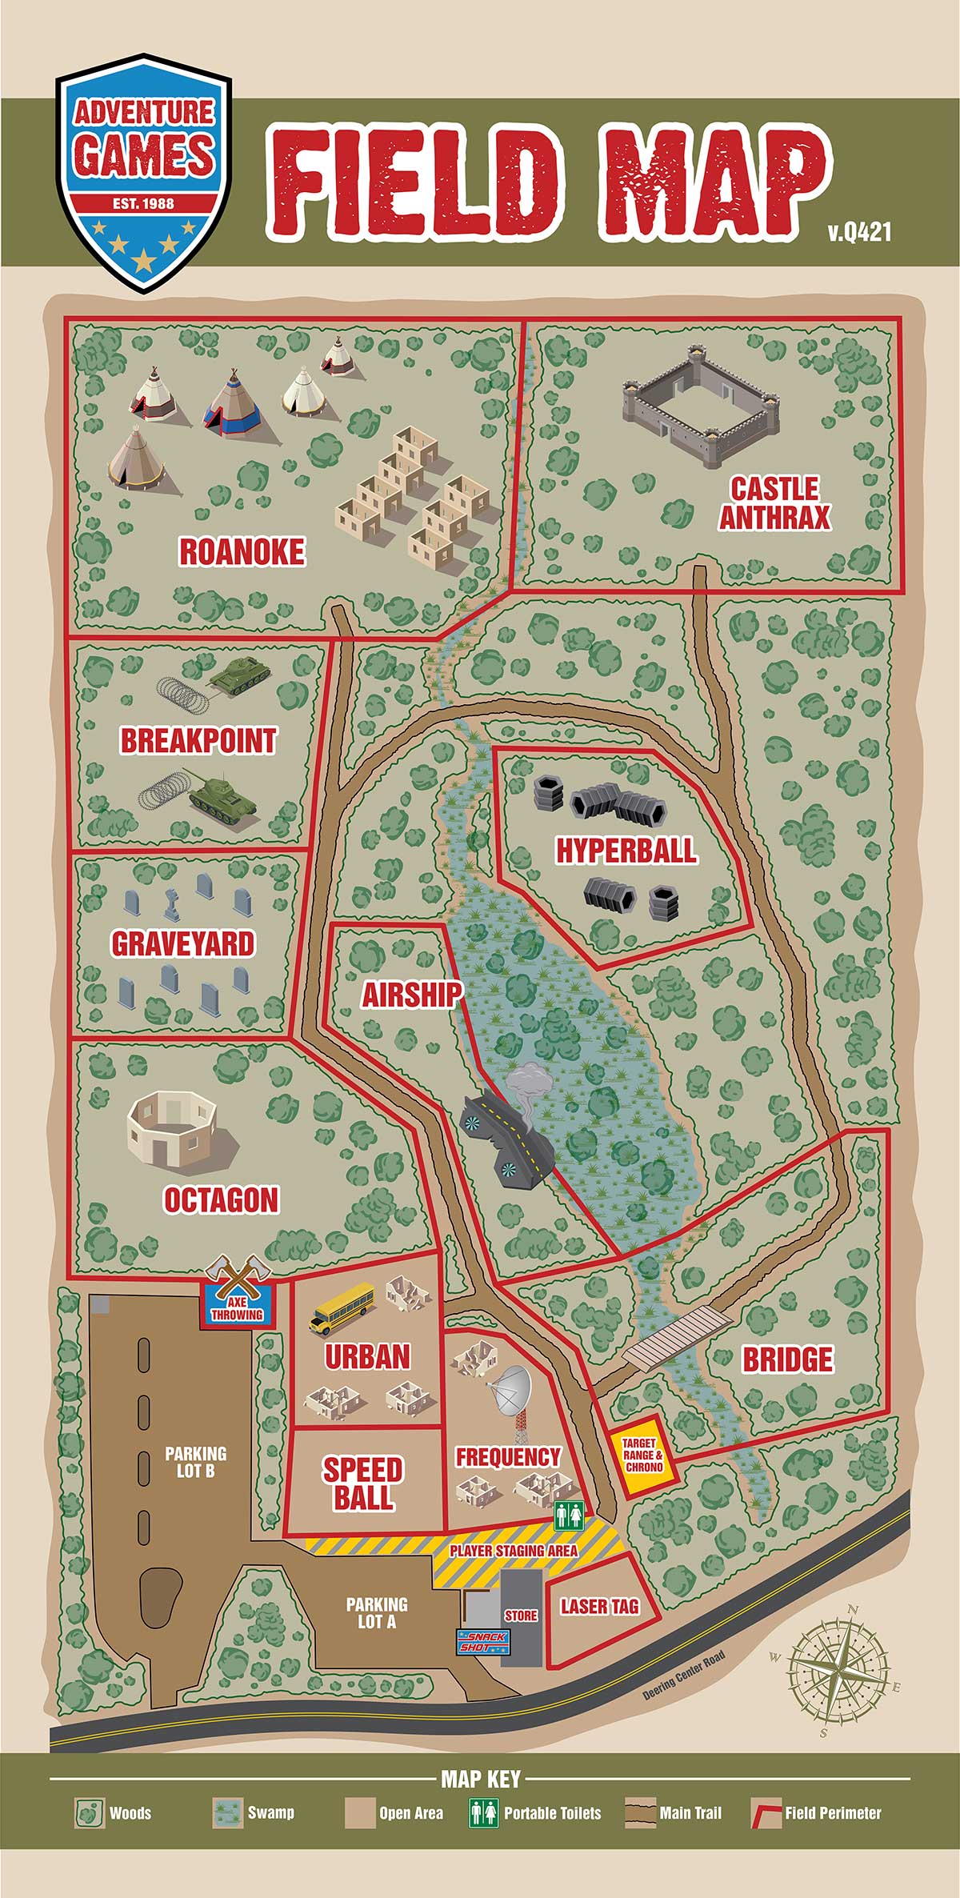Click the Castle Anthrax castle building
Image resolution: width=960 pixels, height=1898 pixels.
click(701, 406)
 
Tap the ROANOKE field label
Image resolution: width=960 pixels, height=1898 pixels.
click(242, 552)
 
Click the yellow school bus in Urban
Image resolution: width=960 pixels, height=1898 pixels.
click(342, 1307)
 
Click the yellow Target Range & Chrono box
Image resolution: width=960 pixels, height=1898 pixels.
click(644, 1456)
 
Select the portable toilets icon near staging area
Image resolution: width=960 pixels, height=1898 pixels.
click(570, 1515)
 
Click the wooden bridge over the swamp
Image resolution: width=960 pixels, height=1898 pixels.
click(678, 1337)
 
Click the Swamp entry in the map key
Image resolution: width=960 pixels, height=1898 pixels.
click(254, 1812)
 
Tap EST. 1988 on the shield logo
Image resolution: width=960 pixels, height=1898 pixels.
click(143, 203)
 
